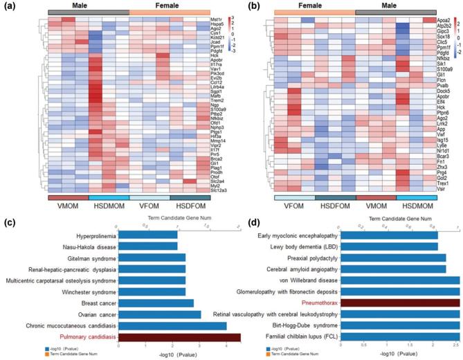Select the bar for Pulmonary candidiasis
pos(179,336)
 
